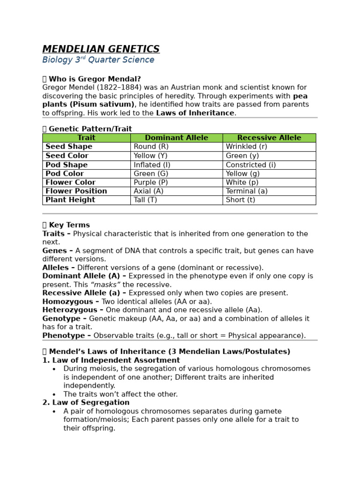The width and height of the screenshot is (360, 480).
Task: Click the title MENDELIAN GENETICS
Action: pyautogui.click(x=101, y=49)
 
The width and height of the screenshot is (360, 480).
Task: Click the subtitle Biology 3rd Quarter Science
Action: pyautogui.click(x=98, y=60)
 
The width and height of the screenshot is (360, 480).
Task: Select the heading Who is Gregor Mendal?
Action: pyautogui.click(x=94, y=79)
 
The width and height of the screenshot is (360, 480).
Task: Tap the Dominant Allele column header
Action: pyautogui.click(x=176, y=138)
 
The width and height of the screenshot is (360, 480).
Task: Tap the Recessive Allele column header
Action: pyautogui.click(x=269, y=138)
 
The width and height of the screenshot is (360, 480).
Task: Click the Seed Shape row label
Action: pyautogui.click(x=69, y=147)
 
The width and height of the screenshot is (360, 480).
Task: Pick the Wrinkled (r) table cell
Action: pyautogui.click(x=246, y=147)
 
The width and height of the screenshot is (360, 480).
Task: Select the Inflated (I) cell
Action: pyautogui.click(x=152, y=165)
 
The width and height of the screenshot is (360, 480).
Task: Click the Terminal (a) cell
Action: pyautogui.click(x=247, y=191)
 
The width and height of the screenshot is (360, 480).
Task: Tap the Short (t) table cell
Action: pyautogui.click(x=240, y=200)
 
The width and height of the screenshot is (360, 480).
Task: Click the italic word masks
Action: pyautogui.click(x=105, y=285)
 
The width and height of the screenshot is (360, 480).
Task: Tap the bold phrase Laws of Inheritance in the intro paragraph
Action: pyautogui.click(x=195, y=113)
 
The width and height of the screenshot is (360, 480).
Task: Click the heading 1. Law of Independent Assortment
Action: pyautogui.click(x=111, y=360)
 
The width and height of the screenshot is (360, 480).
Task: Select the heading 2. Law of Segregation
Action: pyautogui.click(x=86, y=403)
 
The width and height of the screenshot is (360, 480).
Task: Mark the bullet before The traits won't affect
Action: pyautogui.click(x=54, y=395)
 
